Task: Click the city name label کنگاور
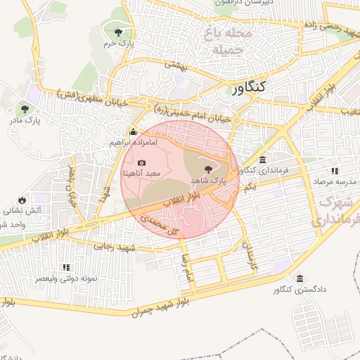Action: (x=248, y=88)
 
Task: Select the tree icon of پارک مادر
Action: (x=25, y=109)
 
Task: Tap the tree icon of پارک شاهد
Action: (x=208, y=169)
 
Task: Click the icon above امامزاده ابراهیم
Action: (x=134, y=131)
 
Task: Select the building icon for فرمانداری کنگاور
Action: (x=262, y=159)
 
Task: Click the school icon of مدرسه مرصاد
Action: (x=335, y=170)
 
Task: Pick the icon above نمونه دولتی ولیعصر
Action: (x=65, y=267)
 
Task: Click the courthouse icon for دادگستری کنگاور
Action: (x=301, y=278)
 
